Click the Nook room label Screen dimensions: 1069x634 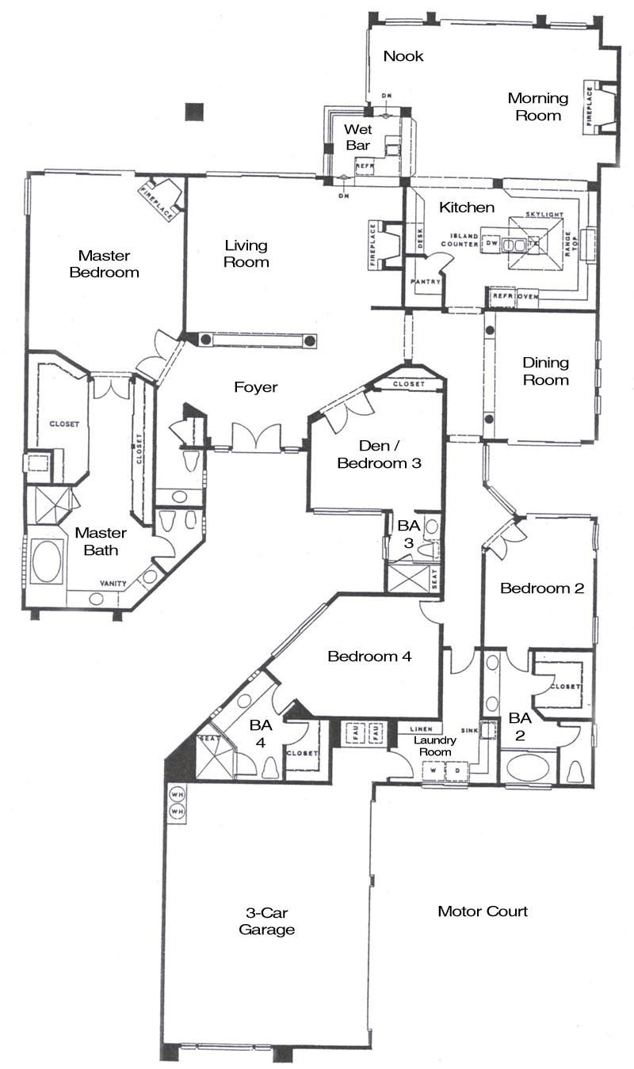point(403,56)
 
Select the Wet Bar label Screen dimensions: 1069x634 point(357,137)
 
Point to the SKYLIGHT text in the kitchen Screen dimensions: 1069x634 point(543,215)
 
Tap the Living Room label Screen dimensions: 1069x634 point(246,253)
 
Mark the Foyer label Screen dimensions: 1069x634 point(255,387)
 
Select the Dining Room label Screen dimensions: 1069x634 point(545,371)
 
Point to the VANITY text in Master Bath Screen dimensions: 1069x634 point(113,584)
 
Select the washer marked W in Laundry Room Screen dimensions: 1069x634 point(433,770)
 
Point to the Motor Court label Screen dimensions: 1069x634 point(483,911)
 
